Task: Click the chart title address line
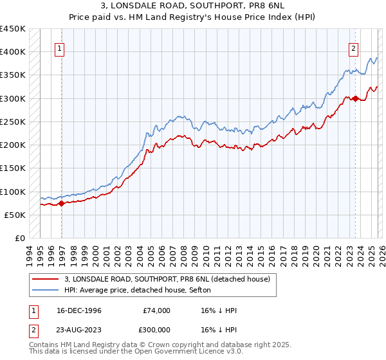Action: (192, 5)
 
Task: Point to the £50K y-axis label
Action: (15, 215)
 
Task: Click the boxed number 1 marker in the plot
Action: (59, 47)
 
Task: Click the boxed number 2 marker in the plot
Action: (353, 47)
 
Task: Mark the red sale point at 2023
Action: (355, 99)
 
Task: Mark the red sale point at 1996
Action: (61, 204)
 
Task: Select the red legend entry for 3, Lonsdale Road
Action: (170, 278)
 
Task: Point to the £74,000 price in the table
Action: (156, 310)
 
